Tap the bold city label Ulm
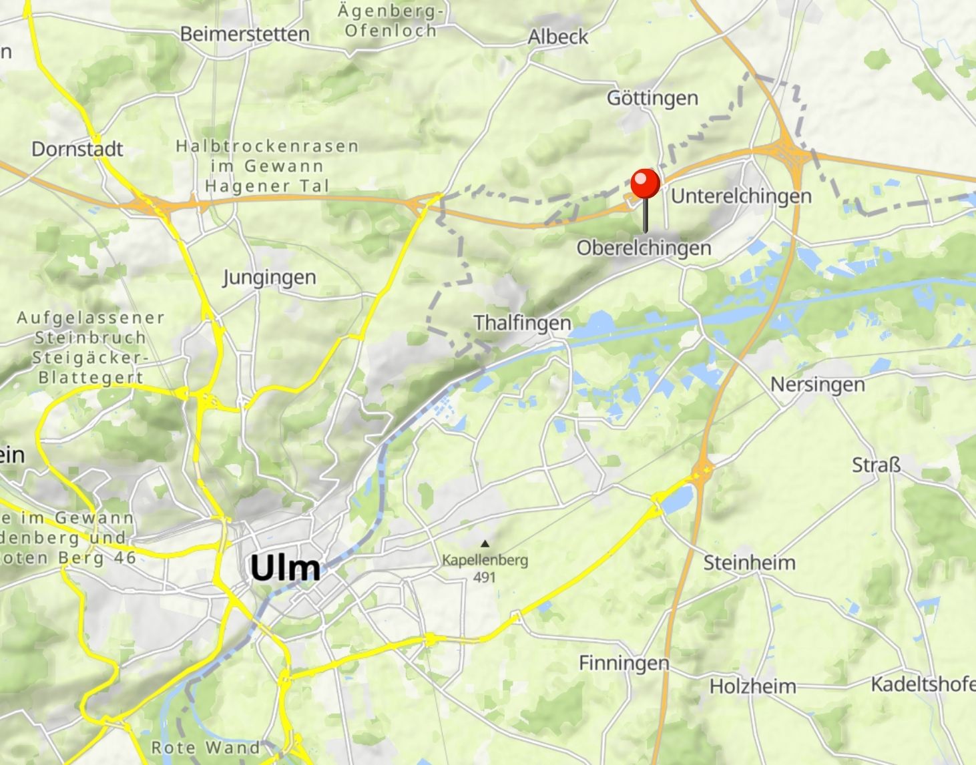[285, 569]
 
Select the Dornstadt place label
[77, 148]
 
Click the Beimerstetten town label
[244, 34]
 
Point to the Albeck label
[557, 37]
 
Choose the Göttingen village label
[652, 98]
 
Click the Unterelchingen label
[741, 196]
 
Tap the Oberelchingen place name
[644, 248]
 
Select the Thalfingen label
[522, 323]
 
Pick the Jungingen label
[269, 277]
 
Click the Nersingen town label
[817, 385]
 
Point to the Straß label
[876, 465]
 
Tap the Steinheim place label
[749, 563]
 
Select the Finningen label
[624, 663]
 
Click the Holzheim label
[752, 686]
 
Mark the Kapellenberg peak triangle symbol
[485, 543]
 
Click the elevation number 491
[484, 577]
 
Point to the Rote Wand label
[205, 747]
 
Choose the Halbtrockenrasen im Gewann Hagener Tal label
[267, 166]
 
